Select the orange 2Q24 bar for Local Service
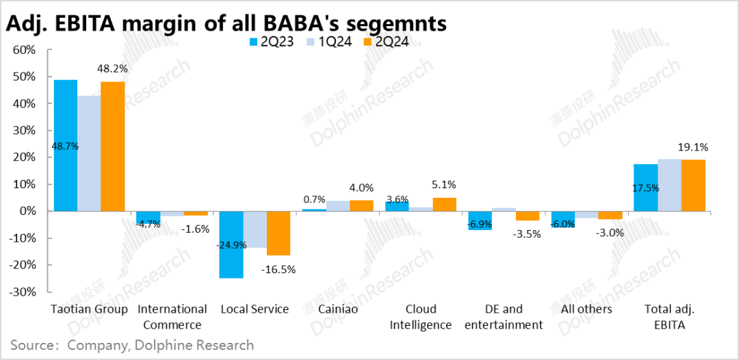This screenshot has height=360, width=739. click(278, 233)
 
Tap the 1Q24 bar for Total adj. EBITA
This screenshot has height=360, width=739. click(669, 185)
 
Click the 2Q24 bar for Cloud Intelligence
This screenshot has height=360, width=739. click(444, 204)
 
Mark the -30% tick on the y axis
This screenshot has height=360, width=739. click(23, 292)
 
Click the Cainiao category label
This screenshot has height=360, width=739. click(337, 309)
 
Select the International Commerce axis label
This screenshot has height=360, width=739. click(172, 317)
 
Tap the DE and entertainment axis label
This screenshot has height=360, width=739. click(503, 317)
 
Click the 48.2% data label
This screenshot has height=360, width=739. click(113, 68)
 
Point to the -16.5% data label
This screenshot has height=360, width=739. click(278, 269)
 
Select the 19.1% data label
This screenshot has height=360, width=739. click(692, 146)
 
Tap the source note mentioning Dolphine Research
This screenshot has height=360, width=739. click(132, 345)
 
